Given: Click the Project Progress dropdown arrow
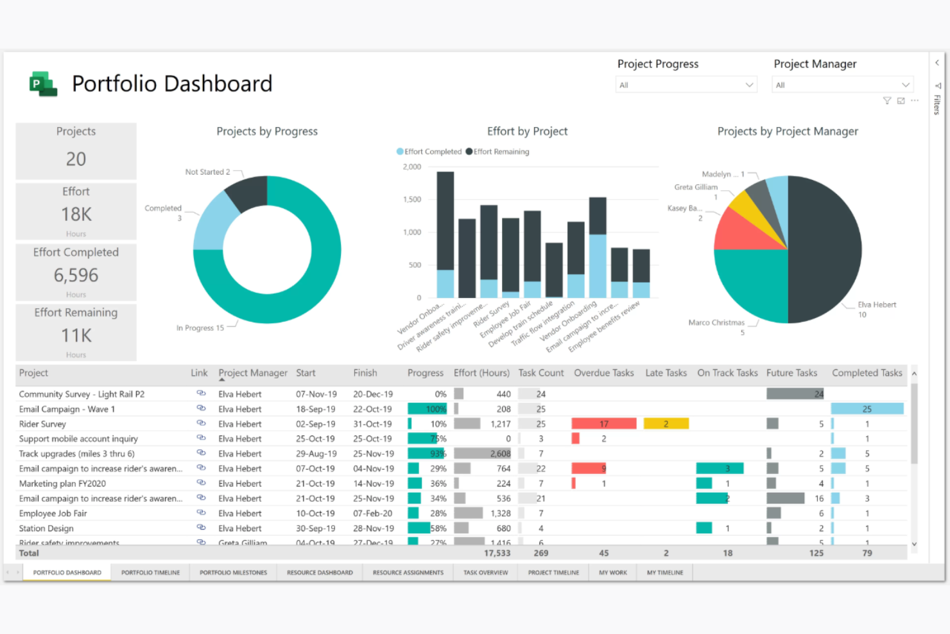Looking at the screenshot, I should [749, 85].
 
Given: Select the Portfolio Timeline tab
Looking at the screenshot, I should [150, 572].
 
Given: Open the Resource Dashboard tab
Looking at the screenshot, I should [320, 572].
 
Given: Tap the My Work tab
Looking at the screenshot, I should [613, 572].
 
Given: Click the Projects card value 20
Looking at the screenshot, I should [76, 159].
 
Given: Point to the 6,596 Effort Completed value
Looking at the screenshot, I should [76, 276].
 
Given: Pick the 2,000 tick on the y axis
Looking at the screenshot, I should [412, 167].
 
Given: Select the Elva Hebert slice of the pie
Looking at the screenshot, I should [828, 251].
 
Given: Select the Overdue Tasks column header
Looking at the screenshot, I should [603, 373].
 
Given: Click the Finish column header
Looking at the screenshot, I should [365, 373].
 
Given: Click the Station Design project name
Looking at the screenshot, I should [46, 528].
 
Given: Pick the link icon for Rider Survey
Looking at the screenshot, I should [201, 423].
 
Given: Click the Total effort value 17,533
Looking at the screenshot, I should [497, 553].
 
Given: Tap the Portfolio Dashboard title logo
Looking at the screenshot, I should [43, 84].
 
